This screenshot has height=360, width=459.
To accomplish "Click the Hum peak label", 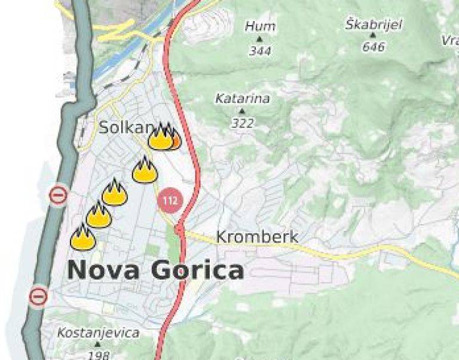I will click(261, 26).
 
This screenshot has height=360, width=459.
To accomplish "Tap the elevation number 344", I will click(260, 51).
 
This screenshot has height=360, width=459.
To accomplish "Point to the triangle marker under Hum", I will click(260, 39).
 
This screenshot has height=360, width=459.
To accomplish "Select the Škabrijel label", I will click(374, 25).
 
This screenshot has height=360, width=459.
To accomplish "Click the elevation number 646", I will click(374, 47).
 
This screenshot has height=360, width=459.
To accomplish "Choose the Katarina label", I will click(243, 99).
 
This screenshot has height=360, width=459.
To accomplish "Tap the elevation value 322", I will click(243, 124).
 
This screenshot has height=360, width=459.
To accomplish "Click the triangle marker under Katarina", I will click(242, 112).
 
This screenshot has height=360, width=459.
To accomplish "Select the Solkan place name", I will click(126, 127).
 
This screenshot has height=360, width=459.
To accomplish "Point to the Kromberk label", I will click(257, 236).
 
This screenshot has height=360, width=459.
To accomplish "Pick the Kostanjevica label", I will click(98, 332).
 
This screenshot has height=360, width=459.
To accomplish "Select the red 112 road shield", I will click(170, 201).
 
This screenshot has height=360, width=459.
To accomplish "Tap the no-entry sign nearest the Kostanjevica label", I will click(39, 295).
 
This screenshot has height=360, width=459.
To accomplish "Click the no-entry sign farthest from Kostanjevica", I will click(58, 195).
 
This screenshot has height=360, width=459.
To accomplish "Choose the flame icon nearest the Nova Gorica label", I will click(82, 237).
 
